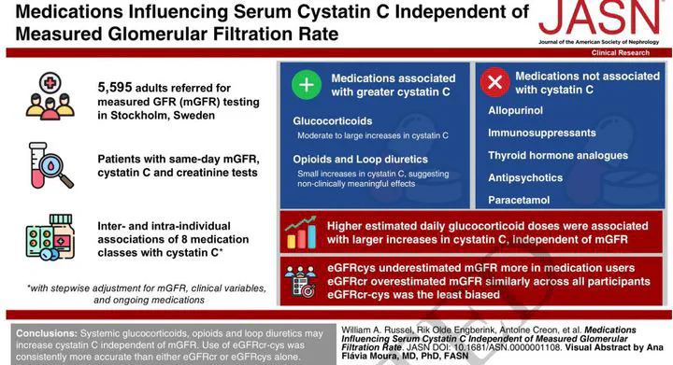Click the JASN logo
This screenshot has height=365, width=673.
599,21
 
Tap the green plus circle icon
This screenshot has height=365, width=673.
307,85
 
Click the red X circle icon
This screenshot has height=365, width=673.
494,82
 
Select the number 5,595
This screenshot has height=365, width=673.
115,88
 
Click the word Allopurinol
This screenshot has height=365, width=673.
515,110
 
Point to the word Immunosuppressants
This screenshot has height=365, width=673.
541,133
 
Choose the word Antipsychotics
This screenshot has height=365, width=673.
525,177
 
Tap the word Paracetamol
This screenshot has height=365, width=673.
519,200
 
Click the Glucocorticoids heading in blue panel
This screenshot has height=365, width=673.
333,121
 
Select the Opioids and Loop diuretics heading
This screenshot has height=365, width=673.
361,160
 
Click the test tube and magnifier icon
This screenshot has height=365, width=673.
50,165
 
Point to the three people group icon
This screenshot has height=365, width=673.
50,96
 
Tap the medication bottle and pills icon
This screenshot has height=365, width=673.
50,237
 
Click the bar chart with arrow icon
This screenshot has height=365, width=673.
301,232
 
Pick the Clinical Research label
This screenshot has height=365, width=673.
621,52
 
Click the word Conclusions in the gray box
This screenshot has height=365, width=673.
47,333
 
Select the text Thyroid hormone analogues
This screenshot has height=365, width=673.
558,156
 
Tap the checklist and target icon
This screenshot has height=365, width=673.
301,282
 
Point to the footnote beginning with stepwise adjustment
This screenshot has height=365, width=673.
147,294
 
